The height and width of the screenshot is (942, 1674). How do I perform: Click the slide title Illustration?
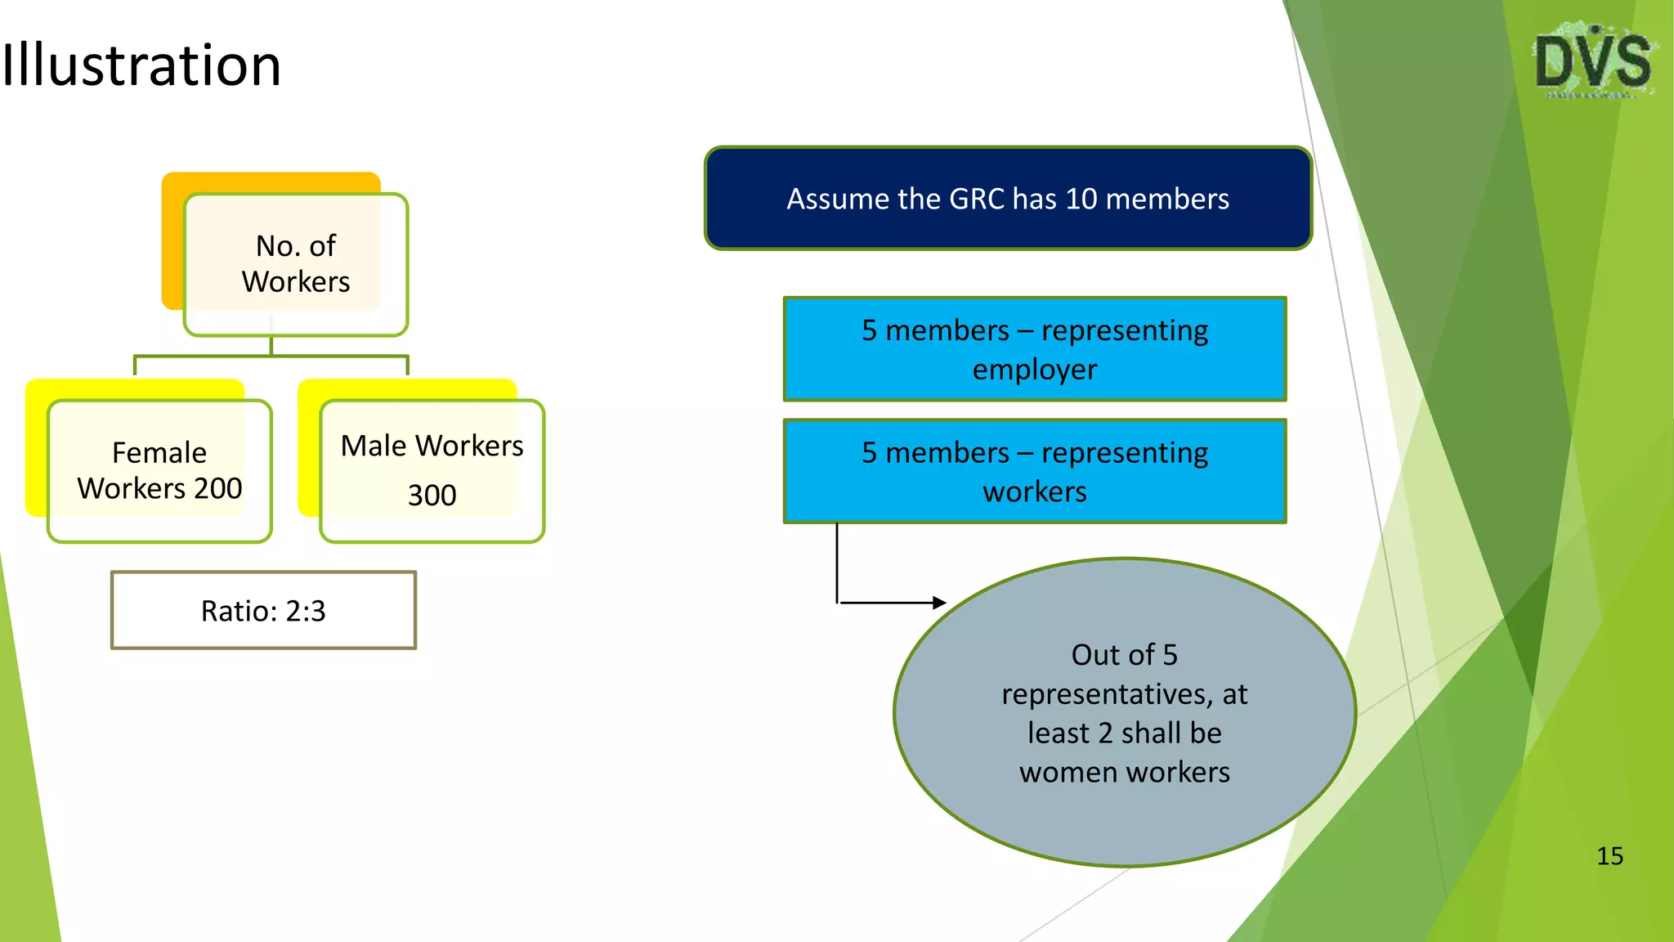pos(141,65)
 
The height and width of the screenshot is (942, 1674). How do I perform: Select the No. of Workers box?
pos(296,264)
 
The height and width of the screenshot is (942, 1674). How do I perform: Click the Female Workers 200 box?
pos(159,471)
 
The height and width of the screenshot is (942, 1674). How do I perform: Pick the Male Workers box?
pos(432,470)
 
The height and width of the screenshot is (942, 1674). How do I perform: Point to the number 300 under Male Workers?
pos(432,496)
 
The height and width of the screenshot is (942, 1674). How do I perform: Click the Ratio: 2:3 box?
pos(263,611)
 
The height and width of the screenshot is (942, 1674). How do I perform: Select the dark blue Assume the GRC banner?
pos(1008,199)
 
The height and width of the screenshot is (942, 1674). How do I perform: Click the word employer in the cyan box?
pos(1035,370)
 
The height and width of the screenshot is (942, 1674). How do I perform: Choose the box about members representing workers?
pos(1035,472)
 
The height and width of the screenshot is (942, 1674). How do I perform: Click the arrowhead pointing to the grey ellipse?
pos(939,603)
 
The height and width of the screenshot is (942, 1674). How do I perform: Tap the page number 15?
pos(1609,856)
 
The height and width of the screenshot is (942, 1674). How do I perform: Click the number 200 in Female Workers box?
pos(217,489)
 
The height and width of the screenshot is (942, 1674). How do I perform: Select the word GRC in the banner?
pos(976,200)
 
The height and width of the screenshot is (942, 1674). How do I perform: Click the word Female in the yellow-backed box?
pos(159,453)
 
